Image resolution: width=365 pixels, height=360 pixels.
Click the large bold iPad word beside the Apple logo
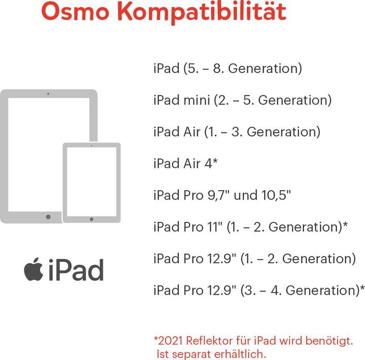point(77,270)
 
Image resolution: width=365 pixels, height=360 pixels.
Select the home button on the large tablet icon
point(48,217)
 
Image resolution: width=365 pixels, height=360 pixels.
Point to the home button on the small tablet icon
point(91,219)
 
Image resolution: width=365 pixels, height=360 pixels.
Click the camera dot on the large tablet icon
point(48,94)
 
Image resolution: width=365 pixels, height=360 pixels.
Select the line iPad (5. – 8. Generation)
point(228,68)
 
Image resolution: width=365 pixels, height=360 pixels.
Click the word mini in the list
point(196,100)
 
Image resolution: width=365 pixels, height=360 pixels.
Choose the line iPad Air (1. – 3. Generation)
point(237,132)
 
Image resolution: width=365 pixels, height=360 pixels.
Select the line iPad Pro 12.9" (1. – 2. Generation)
point(254,259)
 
